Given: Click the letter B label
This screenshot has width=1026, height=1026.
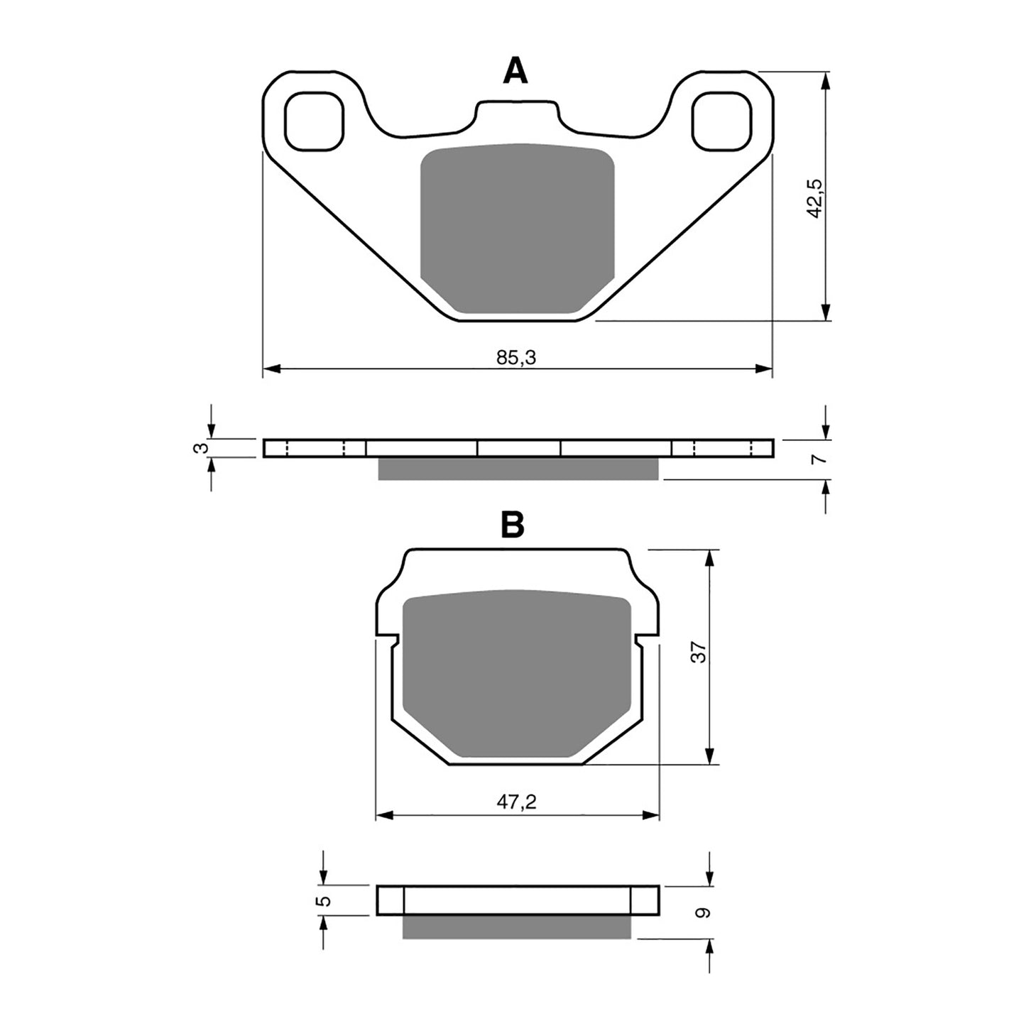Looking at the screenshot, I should point(513,525).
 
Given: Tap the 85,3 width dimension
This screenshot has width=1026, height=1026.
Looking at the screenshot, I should point(516,358).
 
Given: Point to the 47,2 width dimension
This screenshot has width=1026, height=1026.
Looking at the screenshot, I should point(516,802).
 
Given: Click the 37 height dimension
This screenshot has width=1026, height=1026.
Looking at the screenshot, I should point(700,652).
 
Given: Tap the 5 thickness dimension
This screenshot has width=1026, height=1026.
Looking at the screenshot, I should point(324,900).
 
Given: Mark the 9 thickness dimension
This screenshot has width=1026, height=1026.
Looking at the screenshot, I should point(702,912).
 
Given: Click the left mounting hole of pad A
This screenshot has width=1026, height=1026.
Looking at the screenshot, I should point(313,121).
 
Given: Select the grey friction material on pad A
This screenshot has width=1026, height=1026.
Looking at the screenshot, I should point(516,227).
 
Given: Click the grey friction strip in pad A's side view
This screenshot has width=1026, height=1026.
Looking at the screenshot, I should point(518,469).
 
